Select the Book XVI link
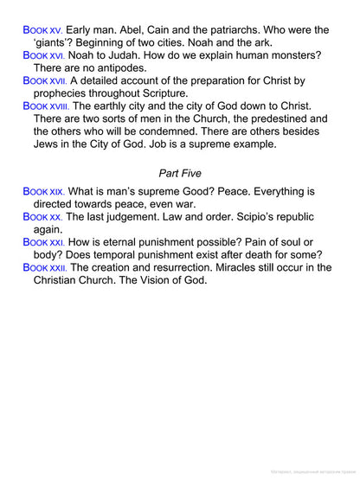coord(43,54)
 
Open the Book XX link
coord(42,216)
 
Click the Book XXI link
coord(43,242)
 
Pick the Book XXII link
coord(45,268)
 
